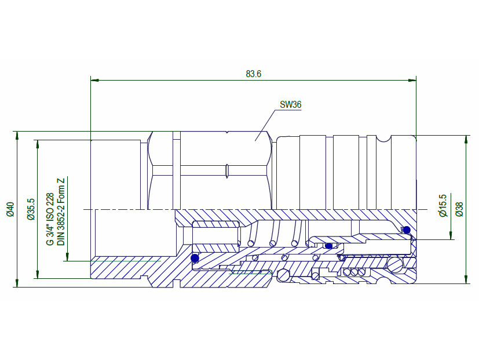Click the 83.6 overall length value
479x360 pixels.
[254, 74]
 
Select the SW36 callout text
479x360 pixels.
[291, 104]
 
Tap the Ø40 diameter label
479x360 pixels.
[10, 209]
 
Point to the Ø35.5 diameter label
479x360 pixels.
[31, 209]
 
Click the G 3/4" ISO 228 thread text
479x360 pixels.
[50, 219]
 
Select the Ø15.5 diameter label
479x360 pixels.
[443, 206]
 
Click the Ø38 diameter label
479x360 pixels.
[459, 209]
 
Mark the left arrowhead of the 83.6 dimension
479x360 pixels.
[95, 81]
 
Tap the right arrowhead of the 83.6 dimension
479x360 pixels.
[412, 81]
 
